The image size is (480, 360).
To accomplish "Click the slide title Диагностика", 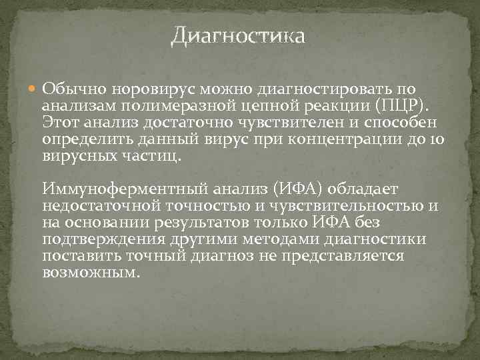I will (238, 35).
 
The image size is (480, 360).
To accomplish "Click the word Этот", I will (60, 123).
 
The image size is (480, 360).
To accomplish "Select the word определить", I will (87, 140).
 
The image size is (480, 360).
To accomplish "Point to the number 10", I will (436, 140).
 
